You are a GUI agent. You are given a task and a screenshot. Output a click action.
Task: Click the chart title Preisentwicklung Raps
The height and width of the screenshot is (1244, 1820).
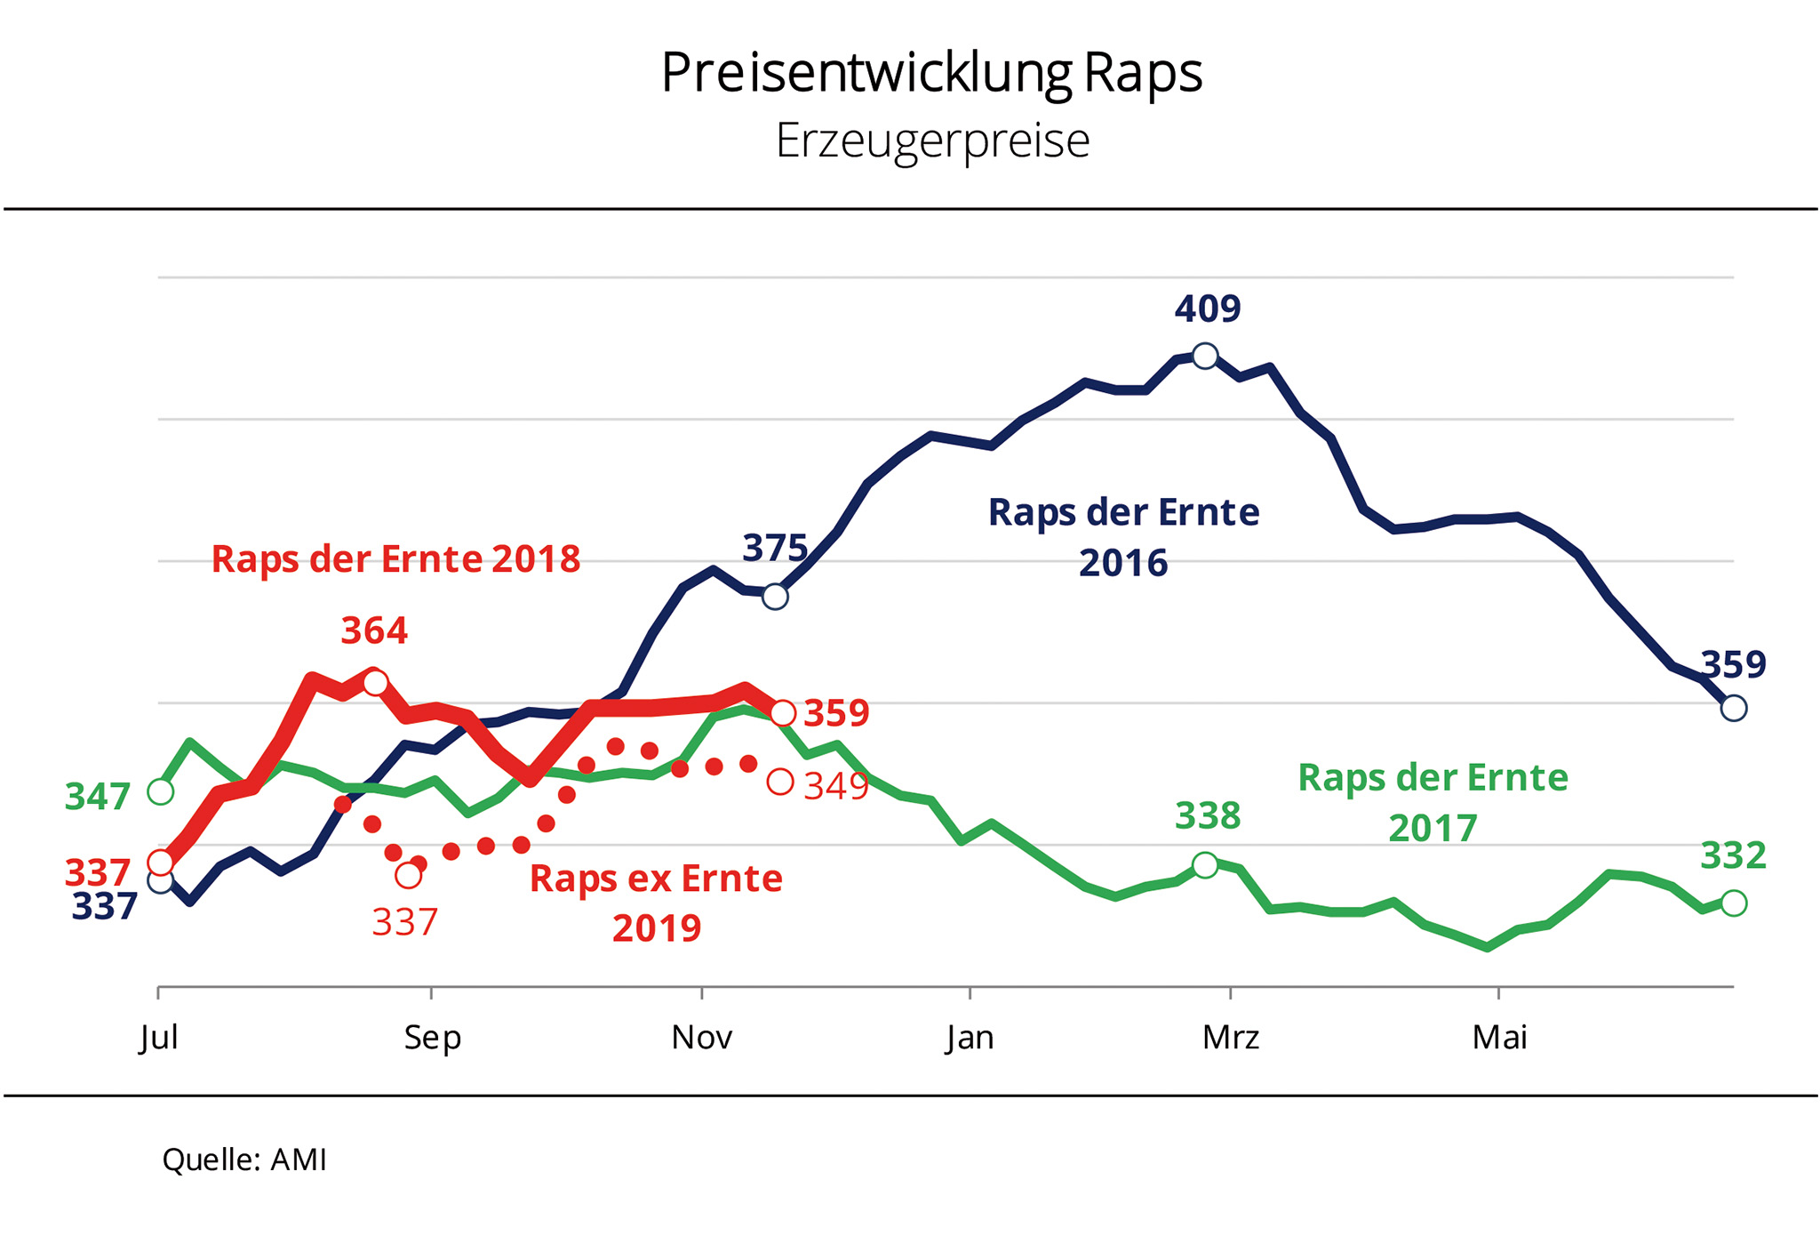(x=931, y=73)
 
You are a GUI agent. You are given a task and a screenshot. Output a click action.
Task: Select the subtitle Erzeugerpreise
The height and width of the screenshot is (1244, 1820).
(x=932, y=140)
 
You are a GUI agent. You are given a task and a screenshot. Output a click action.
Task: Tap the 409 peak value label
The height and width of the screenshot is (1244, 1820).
(x=1207, y=309)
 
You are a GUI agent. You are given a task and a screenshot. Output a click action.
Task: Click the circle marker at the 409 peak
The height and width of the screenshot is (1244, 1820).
(x=1205, y=357)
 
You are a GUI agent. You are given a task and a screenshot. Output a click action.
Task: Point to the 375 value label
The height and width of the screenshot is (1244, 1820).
(x=775, y=549)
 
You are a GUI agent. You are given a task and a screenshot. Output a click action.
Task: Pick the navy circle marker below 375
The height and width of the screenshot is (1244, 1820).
(x=775, y=597)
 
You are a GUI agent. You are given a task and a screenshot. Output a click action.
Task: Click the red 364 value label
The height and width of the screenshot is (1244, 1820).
(x=374, y=630)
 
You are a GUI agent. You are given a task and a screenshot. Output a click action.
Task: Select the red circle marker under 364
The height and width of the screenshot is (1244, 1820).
(x=376, y=683)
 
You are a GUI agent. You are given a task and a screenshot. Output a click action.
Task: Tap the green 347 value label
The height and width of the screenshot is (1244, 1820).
(x=98, y=797)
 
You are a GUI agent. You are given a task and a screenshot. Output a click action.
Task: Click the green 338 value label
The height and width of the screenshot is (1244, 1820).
(x=1207, y=815)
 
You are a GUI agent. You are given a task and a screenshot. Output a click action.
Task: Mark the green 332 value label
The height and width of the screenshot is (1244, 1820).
(x=1733, y=856)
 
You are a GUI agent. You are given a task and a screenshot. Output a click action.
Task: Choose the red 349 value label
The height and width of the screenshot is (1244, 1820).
(x=835, y=787)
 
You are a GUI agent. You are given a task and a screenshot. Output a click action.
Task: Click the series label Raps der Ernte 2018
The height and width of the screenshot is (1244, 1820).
(x=395, y=559)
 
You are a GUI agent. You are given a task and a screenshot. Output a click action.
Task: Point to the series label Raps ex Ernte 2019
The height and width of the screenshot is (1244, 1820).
(x=656, y=903)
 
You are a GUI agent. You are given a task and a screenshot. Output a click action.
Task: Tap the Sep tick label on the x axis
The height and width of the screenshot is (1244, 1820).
(x=432, y=1038)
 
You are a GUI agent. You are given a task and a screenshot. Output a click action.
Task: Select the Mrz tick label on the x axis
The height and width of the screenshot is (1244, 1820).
(x=1231, y=1038)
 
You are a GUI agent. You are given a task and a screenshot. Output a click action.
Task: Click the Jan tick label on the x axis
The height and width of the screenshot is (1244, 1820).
(x=970, y=1038)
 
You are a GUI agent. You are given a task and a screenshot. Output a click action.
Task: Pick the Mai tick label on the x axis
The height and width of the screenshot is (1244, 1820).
(x=1499, y=1038)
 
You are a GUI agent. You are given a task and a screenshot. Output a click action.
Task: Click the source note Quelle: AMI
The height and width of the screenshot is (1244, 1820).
(x=244, y=1160)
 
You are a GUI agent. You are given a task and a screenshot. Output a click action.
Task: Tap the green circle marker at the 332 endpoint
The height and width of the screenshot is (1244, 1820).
(x=1734, y=903)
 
